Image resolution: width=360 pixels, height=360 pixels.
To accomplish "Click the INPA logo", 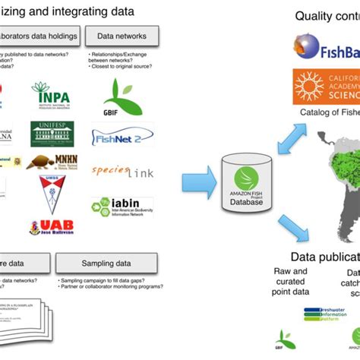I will click(x=50, y=96).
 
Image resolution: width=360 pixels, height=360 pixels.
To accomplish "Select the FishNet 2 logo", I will click(x=122, y=136).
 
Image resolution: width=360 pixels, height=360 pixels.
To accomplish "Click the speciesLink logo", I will click(x=122, y=171).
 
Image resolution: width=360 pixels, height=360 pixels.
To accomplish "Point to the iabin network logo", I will click(x=122, y=207).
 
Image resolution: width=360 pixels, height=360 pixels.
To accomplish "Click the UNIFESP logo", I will click(x=52, y=134).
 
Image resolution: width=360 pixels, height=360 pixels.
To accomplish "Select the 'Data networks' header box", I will click(x=122, y=35).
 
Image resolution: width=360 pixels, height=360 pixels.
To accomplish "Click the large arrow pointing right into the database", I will click(x=197, y=183).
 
